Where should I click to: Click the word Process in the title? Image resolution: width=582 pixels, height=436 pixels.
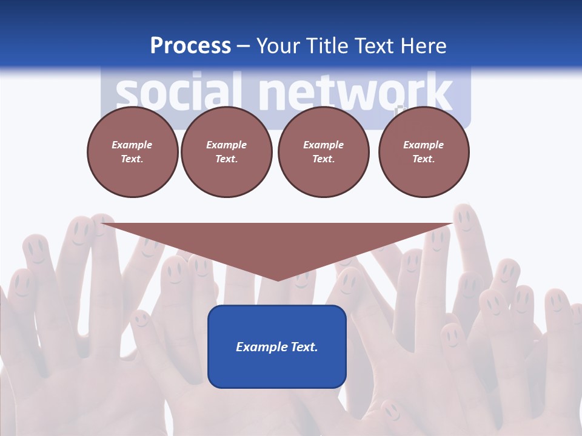coord(190,46)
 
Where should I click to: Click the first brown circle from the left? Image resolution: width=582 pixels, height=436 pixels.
coord(132,152)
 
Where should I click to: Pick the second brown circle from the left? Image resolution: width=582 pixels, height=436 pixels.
coord(226,152)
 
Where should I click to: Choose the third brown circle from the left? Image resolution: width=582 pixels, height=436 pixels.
coord(323,152)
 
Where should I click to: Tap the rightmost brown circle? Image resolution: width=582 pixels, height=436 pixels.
coord(423,152)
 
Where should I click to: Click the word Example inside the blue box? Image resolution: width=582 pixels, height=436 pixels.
coord(259,347)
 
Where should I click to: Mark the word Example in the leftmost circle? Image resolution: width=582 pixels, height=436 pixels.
coord(132,145)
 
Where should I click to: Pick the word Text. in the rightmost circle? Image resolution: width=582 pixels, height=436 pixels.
coord(423,159)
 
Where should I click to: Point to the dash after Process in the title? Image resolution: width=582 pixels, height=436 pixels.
coord(243,46)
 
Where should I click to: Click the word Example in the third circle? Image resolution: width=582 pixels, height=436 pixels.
coord(323,145)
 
